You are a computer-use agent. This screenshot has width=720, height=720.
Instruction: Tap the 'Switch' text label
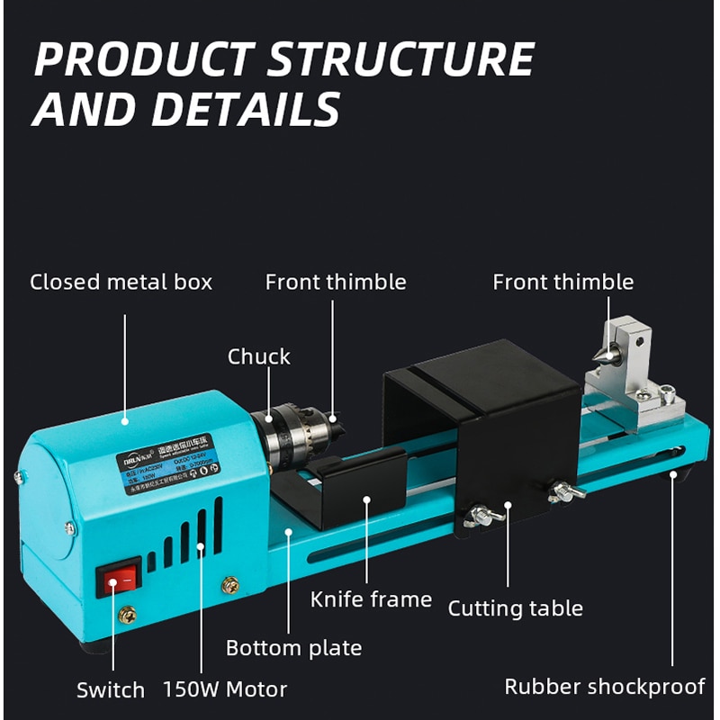tap(110, 690)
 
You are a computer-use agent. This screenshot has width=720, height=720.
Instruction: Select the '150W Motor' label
tap(225, 690)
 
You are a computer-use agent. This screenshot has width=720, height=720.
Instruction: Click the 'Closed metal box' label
tap(121, 282)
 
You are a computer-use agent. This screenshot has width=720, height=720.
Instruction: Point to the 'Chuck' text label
tap(259, 356)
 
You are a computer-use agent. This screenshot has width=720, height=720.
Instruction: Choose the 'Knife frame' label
tap(371, 598)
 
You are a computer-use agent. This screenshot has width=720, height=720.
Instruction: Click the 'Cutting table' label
tap(516, 608)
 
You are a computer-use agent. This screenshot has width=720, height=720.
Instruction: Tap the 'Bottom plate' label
tap(293, 647)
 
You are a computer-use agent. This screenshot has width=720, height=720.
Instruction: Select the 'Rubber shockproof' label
tap(605, 687)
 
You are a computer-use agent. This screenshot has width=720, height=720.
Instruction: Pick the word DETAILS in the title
tap(245, 110)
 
